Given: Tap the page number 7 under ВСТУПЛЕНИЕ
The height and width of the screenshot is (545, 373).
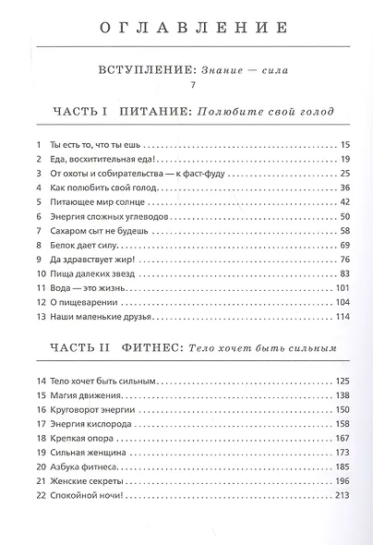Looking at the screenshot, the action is coord(186,86).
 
